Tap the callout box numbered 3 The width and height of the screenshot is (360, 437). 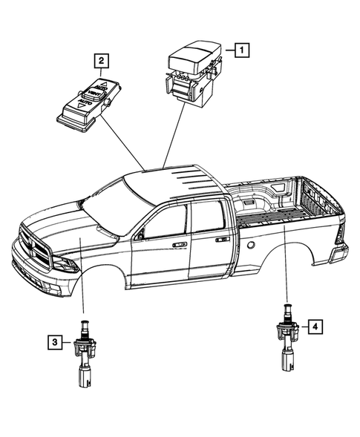(56, 343)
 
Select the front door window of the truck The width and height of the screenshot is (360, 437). (166, 223)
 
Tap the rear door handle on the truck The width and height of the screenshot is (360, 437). (221, 240)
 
